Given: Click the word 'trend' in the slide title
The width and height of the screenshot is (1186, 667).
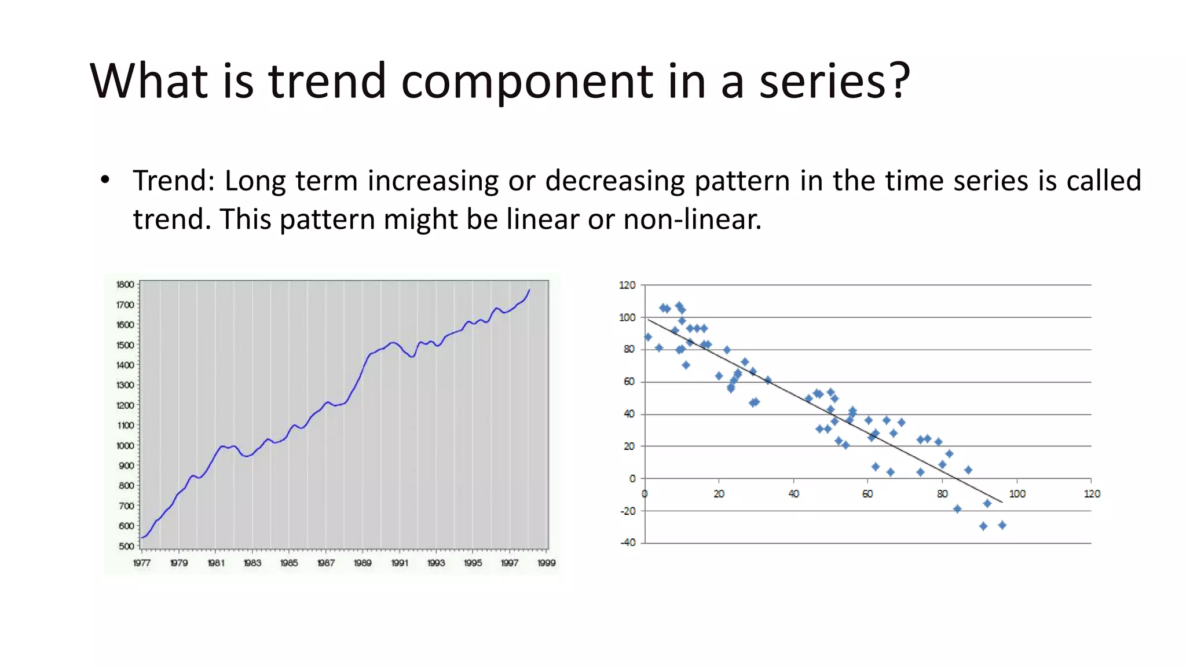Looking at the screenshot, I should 327,81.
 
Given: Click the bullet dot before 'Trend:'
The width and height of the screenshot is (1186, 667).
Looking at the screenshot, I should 105,180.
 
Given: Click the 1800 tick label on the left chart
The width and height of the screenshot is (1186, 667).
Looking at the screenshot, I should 125,284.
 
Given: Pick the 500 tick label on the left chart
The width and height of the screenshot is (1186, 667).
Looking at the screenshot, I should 126,546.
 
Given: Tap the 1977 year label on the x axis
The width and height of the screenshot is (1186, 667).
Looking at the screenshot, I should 142,563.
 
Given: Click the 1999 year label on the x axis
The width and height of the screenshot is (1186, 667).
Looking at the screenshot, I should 546,563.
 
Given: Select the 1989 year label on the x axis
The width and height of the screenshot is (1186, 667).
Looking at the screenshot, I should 363,563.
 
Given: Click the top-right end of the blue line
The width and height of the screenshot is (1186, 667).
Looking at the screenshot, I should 529,290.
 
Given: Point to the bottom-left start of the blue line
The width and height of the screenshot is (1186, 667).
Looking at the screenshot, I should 142,537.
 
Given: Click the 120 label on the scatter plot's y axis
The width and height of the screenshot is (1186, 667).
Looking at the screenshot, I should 627,285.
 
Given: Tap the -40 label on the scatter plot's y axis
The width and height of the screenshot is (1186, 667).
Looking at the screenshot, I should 628,543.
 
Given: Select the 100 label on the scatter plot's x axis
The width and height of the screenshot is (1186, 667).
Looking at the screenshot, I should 1017,494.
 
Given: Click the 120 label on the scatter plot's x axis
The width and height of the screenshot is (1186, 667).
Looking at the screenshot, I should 1092,494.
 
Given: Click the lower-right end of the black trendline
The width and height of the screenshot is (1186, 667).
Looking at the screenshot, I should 1002,502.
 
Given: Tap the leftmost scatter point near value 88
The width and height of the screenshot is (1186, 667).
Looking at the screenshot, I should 648,337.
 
